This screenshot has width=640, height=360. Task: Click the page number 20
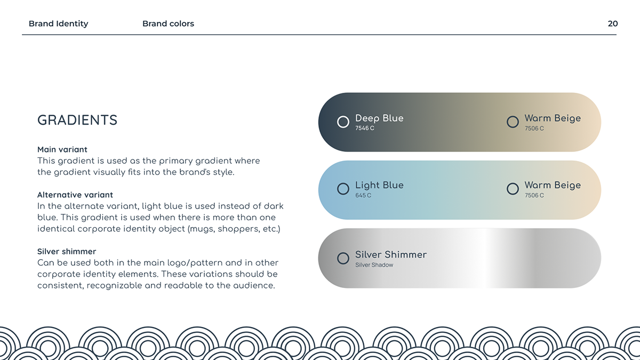[x=613, y=23]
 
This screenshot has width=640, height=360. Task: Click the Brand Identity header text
[x=59, y=23]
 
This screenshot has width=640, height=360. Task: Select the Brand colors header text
[x=169, y=23]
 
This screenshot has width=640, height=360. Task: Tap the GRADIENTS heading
[x=77, y=120]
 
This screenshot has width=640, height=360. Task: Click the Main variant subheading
[x=62, y=149]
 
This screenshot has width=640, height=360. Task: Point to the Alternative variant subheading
[x=75, y=195]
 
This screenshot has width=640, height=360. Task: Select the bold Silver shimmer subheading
[x=67, y=251]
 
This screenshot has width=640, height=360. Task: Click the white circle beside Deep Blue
[x=343, y=116]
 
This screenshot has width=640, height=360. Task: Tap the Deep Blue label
[x=379, y=118]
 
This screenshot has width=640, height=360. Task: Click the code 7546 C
[x=365, y=129]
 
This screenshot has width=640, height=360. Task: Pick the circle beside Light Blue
[x=343, y=183]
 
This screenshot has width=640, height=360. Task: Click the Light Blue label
[x=379, y=185]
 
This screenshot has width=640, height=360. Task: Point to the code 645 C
[x=363, y=195]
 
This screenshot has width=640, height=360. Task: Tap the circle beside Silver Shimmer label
[x=343, y=253]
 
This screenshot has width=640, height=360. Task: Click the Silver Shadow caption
[x=374, y=265]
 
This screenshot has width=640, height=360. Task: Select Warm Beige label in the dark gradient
[x=553, y=118]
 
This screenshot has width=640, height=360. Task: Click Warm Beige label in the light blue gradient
[x=553, y=185]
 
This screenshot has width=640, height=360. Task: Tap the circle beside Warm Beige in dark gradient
[x=513, y=116]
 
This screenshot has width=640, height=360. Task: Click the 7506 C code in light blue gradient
[x=534, y=195]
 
